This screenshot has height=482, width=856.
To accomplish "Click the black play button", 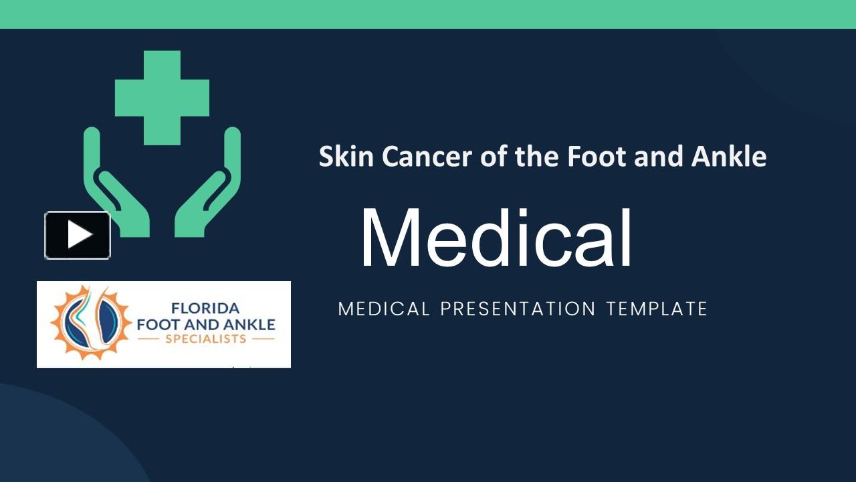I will (x=78, y=235).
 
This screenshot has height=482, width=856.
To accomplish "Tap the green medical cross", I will (x=162, y=98).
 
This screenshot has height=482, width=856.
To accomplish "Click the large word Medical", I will (x=496, y=239).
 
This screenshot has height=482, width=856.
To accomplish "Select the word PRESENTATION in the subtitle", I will (x=518, y=309).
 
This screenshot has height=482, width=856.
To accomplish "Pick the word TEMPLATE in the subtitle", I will (x=657, y=309).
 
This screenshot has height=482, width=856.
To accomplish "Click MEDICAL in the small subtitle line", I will (x=384, y=309).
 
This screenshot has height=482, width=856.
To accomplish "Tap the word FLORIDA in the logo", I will (x=205, y=309).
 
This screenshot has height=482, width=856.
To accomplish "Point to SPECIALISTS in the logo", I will (x=205, y=339).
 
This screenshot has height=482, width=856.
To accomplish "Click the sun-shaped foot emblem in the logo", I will (x=90, y=323).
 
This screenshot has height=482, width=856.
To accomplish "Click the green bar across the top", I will (x=428, y=14).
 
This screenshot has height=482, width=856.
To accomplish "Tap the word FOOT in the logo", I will (x=157, y=325).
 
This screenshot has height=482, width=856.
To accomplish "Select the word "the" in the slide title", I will (x=538, y=157).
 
